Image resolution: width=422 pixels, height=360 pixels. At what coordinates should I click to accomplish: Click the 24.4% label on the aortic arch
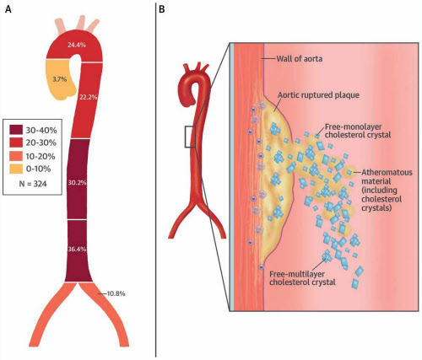point(77,45)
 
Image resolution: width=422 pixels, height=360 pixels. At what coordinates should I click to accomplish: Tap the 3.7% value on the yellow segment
point(60,79)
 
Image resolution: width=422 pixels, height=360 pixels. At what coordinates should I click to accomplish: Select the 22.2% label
point(89,97)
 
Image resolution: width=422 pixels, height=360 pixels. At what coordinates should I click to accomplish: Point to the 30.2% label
point(77,183)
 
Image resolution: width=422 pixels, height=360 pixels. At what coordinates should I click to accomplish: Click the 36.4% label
point(77,249)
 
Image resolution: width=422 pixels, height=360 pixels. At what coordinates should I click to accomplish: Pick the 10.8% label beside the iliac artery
point(116,293)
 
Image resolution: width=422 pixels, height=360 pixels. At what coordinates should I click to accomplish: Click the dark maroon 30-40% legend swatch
point(17,130)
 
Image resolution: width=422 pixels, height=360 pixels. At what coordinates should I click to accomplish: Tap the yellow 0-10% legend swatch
point(17,169)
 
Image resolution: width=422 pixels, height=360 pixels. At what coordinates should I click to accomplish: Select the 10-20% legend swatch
point(17,156)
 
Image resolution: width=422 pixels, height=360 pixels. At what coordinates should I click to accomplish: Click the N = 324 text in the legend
point(33,184)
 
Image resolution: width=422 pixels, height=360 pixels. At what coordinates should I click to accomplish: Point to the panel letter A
point(8,9)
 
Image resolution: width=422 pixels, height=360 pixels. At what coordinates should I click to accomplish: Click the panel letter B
point(162,9)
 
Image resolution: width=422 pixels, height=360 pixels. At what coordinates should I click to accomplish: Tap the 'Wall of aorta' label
point(300,59)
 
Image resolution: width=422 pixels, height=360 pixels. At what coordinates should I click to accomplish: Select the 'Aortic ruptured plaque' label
point(318,95)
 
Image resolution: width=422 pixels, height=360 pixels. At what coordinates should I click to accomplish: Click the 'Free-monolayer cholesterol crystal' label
point(358,131)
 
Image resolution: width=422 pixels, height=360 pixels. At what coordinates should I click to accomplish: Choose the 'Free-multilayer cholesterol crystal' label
point(302,278)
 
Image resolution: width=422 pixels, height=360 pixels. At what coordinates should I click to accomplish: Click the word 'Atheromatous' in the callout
point(387,172)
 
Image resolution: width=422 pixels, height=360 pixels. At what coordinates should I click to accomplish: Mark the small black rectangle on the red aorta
point(190,137)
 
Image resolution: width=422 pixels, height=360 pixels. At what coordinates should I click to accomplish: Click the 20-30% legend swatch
point(17,143)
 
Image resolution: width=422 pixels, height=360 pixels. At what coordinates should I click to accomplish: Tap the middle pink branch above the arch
point(81,24)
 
